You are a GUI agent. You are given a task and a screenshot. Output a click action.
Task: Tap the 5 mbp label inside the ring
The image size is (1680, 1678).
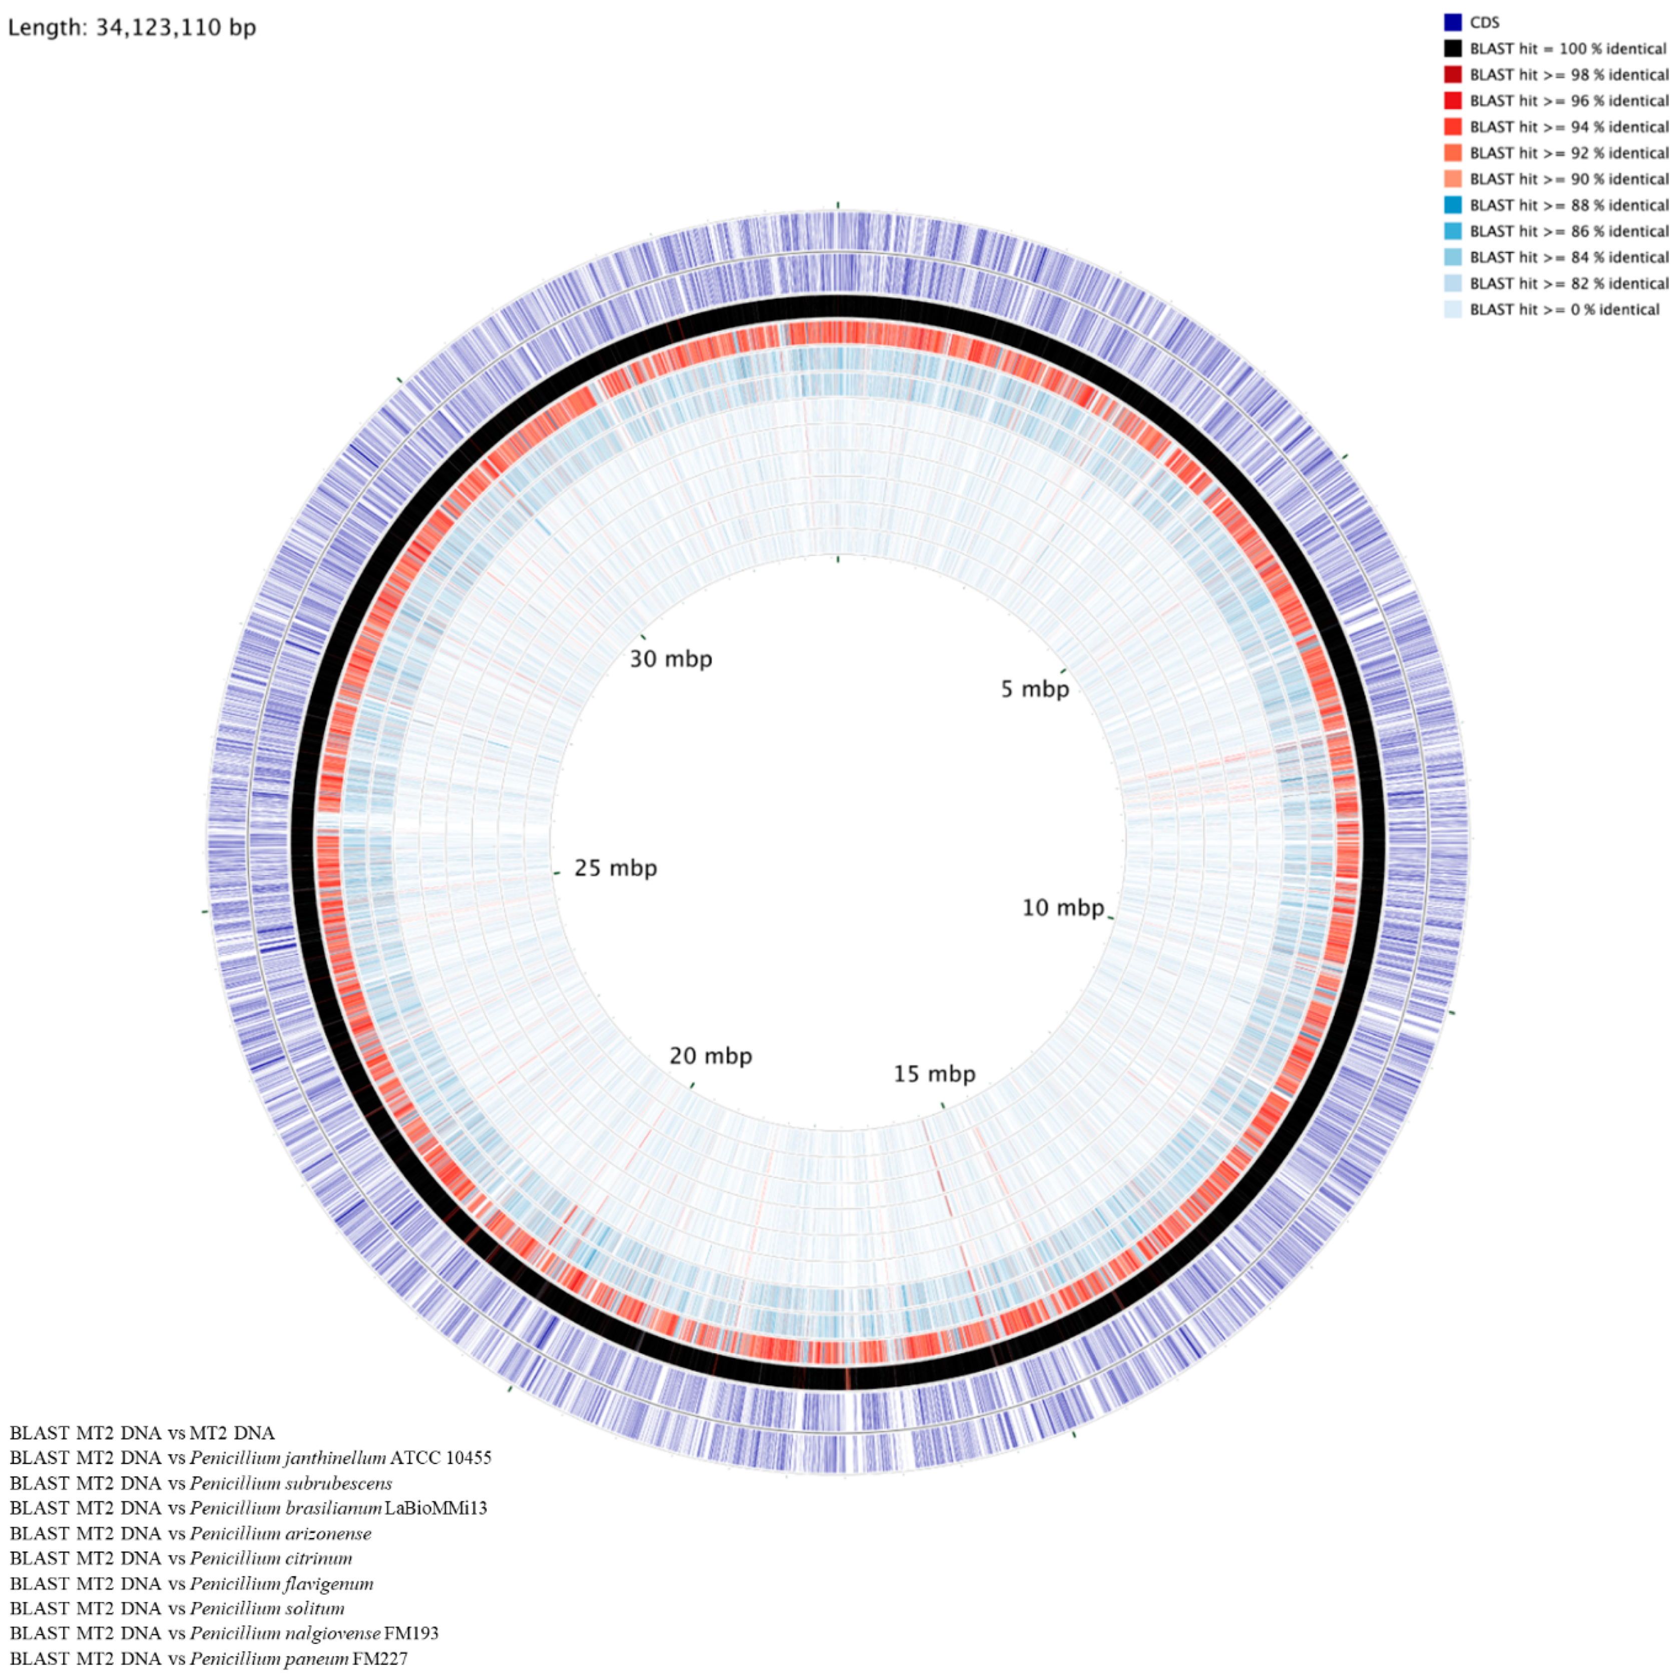point(1034,690)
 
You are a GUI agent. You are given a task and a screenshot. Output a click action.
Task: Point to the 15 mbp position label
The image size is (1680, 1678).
point(934,1074)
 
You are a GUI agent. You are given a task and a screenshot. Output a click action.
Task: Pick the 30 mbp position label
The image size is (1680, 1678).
point(670,659)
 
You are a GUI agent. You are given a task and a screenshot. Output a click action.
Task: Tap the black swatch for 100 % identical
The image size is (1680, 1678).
point(1452,49)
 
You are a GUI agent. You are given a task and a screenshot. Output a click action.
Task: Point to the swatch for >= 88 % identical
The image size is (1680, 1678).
point(1452,205)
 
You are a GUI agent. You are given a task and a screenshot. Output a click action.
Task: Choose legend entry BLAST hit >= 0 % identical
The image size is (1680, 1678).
point(1563,309)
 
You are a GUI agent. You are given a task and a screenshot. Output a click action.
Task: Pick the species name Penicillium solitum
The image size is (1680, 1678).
point(267,1608)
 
